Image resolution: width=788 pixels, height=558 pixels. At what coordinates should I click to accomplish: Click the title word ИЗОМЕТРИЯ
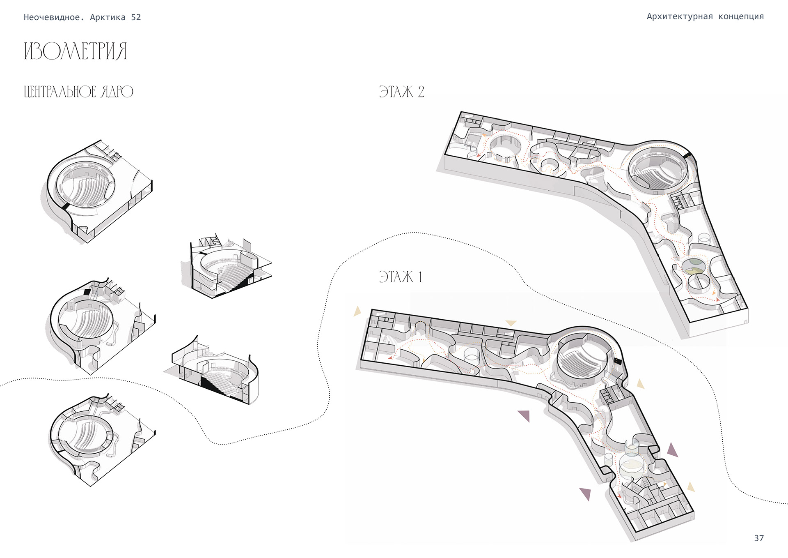tap(76, 51)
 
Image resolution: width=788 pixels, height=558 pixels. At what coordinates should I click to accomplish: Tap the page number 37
tap(758, 538)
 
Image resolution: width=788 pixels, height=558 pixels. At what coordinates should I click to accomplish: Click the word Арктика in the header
tap(108, 17)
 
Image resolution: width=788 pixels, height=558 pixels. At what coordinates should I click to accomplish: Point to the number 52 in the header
tap(136, 17)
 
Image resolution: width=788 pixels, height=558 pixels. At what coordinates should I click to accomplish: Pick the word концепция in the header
tap(741, 16)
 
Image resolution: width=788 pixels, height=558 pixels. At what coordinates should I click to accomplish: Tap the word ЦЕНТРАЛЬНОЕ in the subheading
tap(60, 92)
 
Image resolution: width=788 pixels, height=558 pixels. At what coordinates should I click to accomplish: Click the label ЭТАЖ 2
tap(401, 92)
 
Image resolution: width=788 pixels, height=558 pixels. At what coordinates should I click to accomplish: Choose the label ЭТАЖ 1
tap(401, 277)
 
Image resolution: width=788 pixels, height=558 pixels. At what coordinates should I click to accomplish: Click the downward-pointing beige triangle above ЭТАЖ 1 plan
tap(511, 323)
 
